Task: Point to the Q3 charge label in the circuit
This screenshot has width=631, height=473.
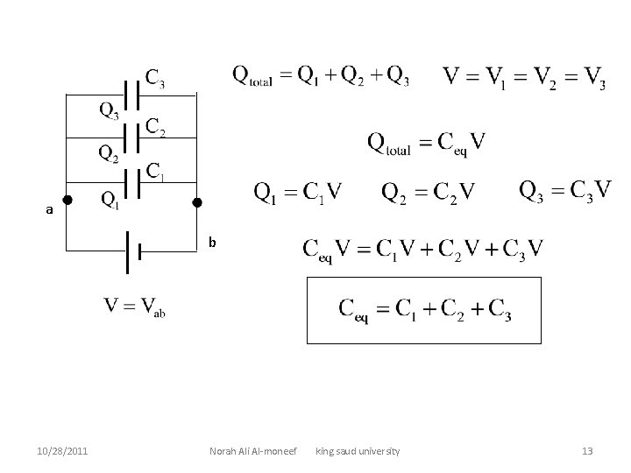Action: tap(109, 111)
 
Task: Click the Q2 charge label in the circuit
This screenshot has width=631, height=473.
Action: tap(109, 154)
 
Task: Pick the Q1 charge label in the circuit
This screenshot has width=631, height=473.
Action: tap(110, 201)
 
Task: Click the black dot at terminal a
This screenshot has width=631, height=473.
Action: tap(67, 201)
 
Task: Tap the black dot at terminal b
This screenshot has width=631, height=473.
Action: tap(197, 202)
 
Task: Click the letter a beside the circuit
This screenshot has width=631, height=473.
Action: tap(50, 210)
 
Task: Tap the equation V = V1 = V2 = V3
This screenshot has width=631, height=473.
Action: tap(524, 79)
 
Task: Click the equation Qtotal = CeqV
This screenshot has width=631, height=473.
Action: tap(427, 143)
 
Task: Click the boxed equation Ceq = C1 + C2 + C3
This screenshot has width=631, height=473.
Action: tap(425, 310)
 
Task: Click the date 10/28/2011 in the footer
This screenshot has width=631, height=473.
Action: tap(62, 451)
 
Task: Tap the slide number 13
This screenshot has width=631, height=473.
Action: tap(587, 451)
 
